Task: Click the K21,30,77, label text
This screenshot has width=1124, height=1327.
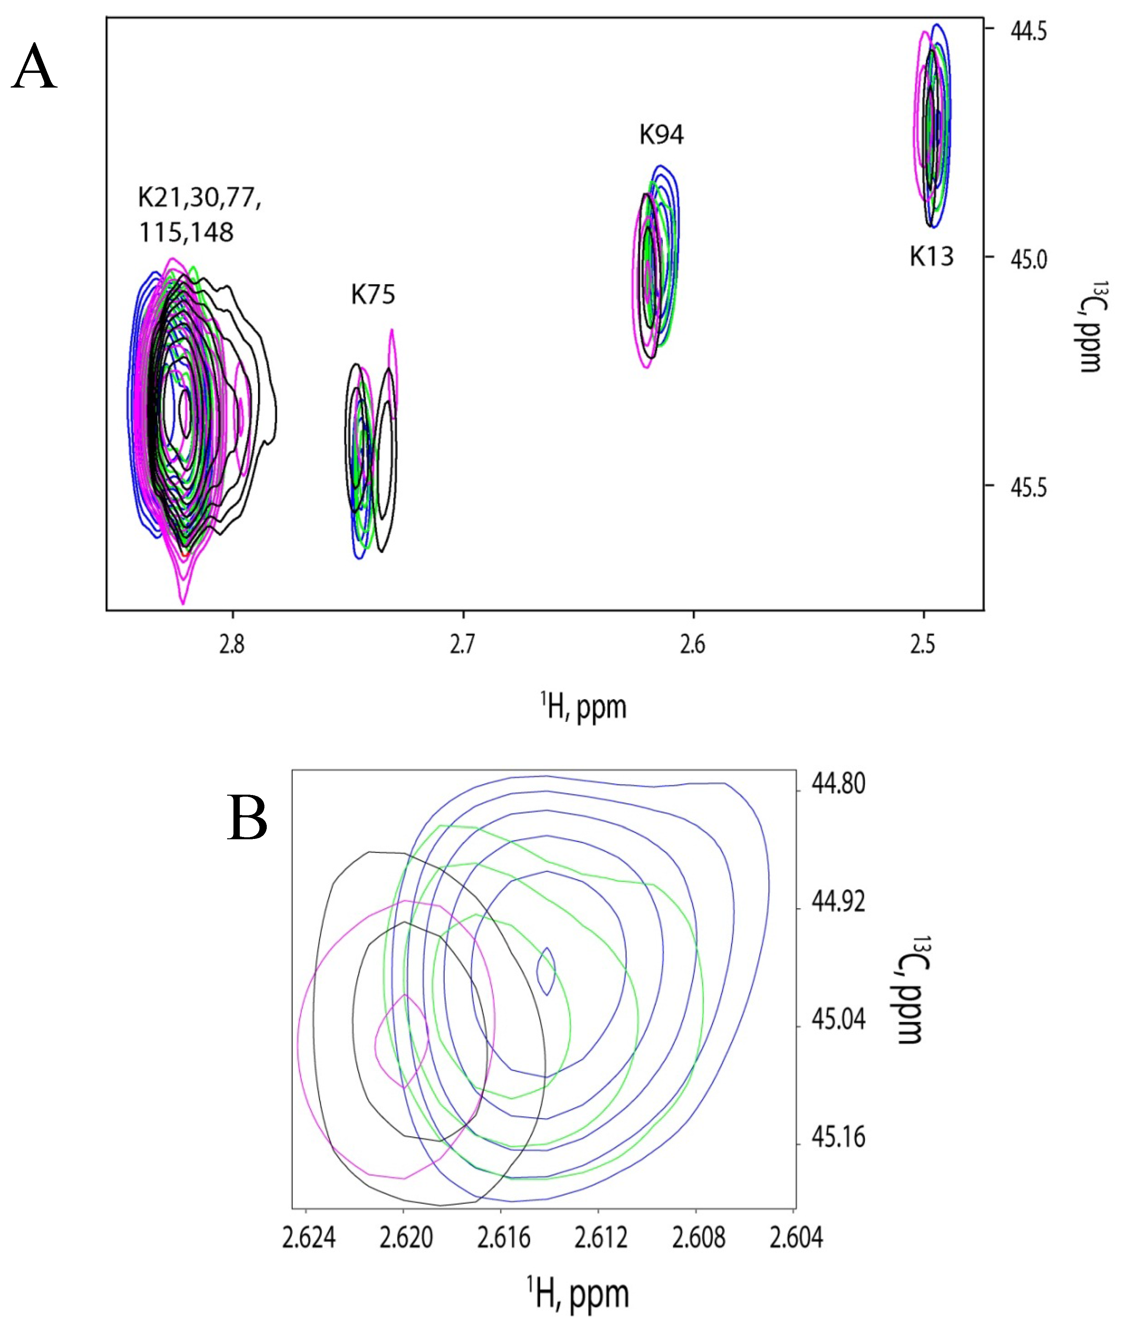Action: coord(199,198)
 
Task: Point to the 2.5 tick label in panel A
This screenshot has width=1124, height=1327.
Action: coord(923,645)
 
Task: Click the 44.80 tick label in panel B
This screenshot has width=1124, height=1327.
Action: coord(838,784)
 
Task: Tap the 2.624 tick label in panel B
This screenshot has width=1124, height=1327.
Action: coord(308,1238)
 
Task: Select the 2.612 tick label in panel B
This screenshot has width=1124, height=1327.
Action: coord(601,1238)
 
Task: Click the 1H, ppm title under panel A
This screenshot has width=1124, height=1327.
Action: coord(584,707)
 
